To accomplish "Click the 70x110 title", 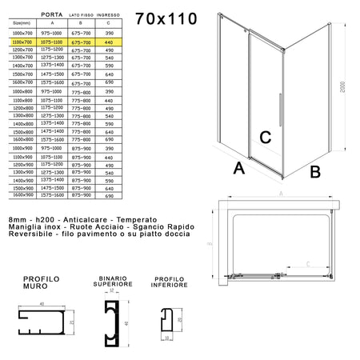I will pyautogui.click(x=166, y=18).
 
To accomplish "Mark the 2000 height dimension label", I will pyautogui.click(x=342, y=86).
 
